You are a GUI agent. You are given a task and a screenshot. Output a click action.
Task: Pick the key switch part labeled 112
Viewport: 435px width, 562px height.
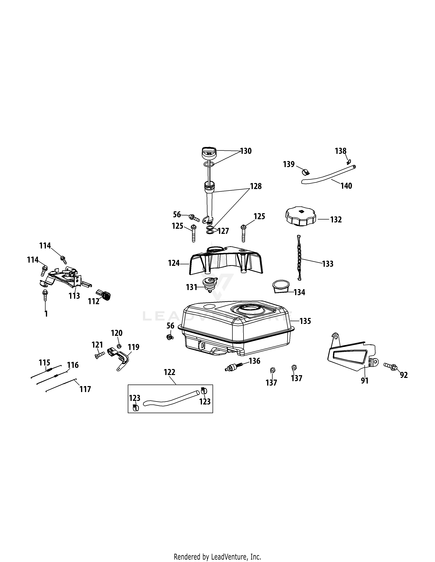pyautogui.click(x=104, y=295)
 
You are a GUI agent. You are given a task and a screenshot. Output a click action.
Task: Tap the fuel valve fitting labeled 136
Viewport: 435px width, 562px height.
pyautogui.click(x=234, y=366)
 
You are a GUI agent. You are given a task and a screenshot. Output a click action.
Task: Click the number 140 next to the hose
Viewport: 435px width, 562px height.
pyautogui.click(x=346, y=186)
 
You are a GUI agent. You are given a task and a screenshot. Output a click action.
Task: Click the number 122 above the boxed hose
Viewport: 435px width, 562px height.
pyautogui.click(x=169, y=372)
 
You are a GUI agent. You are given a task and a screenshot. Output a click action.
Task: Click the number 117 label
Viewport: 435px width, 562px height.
pyautogui.click(x=85, y=389)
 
